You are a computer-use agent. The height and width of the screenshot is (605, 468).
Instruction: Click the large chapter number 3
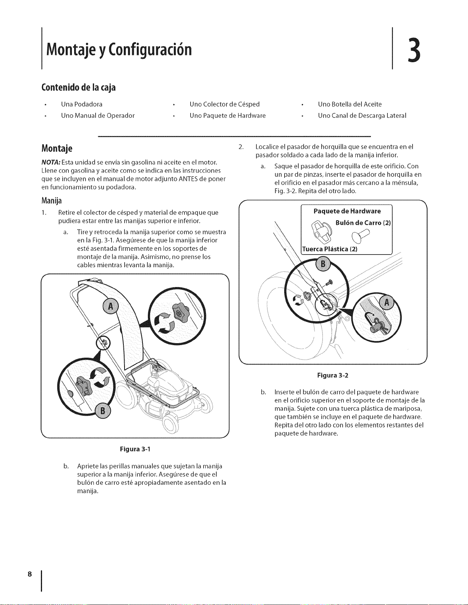tap(414, 50)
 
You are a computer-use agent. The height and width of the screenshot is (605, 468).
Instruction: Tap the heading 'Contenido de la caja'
tap(78, 88)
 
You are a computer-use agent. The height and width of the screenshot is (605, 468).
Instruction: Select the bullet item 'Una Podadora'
tap(82, 104)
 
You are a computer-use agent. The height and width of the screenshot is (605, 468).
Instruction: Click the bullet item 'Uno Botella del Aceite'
tap(350, 104)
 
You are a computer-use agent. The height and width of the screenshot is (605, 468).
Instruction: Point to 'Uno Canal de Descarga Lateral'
tap(362, 116)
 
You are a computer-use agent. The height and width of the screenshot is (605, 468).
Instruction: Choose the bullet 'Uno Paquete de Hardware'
tap(228, 116)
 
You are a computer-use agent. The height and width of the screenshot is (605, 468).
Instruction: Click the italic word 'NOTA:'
tap(51, 162)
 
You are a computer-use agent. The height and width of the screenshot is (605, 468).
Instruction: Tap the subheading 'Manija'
tap(52, 201)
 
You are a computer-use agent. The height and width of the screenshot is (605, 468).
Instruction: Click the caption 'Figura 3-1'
tap(135, 449)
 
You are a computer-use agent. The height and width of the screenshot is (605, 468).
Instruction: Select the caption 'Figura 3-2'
tap(333, 375)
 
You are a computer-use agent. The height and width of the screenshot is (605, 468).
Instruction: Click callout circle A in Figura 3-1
tap(110, 307)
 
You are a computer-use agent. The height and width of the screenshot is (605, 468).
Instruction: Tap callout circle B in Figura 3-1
tap(102, 411)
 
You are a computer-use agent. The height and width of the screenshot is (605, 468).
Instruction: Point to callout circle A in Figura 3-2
tap(387, 302)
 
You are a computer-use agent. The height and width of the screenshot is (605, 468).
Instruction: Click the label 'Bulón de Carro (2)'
tap(363, 223)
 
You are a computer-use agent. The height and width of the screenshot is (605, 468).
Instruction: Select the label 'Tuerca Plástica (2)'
tap(330, 249)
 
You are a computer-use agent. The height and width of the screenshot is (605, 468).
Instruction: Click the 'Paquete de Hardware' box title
tap(347, 211)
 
